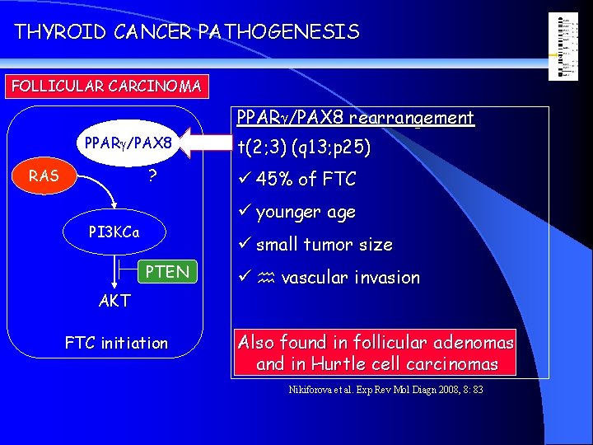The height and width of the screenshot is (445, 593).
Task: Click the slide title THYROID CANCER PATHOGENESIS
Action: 187,32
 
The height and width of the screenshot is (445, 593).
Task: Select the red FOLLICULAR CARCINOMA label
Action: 105,86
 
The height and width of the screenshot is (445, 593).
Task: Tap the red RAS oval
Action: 43,175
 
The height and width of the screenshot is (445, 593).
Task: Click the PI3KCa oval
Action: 114,232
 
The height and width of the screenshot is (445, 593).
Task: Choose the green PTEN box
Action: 167,271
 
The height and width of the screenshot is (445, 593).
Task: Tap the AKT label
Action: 114,301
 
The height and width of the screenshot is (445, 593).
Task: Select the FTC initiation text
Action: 116,343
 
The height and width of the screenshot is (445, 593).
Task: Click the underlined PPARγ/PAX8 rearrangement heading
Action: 355,118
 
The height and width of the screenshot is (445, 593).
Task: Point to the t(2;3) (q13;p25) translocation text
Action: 303,148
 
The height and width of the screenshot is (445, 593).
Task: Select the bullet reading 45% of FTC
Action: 306,179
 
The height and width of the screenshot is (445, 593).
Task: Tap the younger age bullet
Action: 306,212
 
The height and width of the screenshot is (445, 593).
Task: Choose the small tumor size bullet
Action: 324,245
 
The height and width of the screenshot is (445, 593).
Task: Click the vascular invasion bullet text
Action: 350,278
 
